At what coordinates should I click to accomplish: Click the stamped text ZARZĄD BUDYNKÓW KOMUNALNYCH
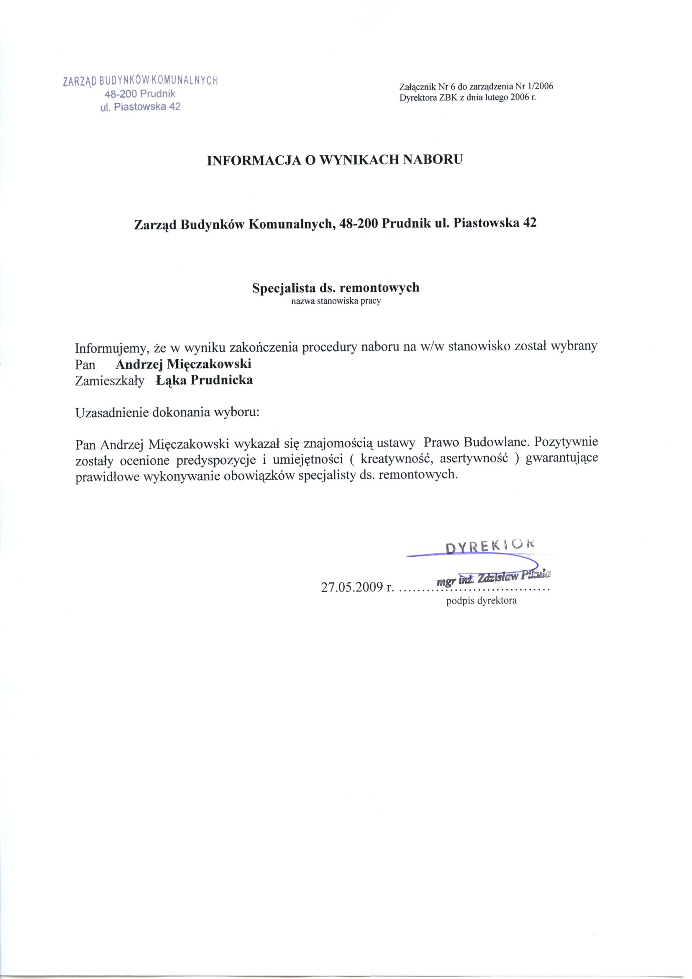[x=140, y=80]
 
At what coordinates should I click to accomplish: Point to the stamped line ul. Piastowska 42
[x=140, y=107]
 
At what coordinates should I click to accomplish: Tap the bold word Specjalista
[x=283, y=288]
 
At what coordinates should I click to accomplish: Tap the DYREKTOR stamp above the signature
[x=489, y=546]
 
